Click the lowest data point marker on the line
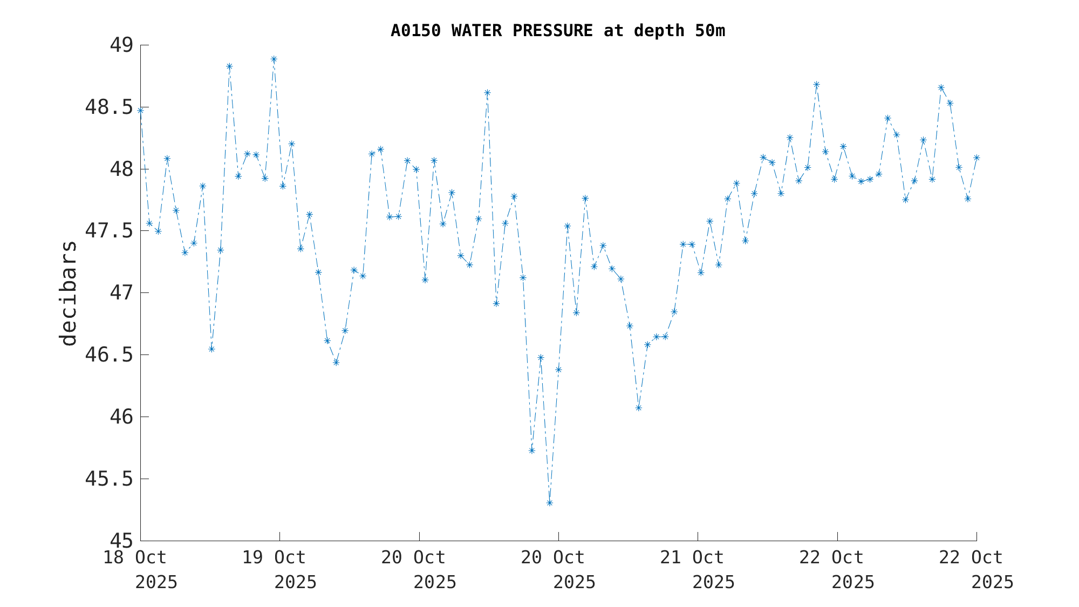(549, 503)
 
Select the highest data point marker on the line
(274, 59)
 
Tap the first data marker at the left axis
(140, 110)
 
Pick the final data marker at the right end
(976, 158)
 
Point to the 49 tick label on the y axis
(121, 45)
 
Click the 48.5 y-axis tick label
(108, 107)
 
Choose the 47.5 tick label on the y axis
(108, 231)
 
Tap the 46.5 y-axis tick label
(108, 355)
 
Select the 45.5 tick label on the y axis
(108, 479)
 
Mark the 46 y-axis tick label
(121, 417)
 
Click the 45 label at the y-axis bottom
(121, 541)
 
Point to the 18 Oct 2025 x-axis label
(140, 569)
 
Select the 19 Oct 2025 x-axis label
(279, 569)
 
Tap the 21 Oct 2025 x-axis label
(698, 569)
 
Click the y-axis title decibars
(69, 293)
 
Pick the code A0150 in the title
(416, 31)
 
